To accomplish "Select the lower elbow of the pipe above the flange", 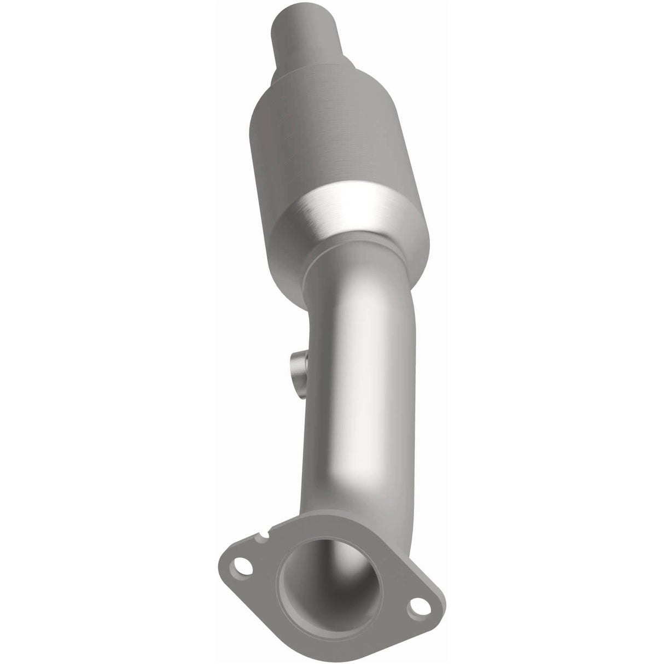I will [x=350, y=520].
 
